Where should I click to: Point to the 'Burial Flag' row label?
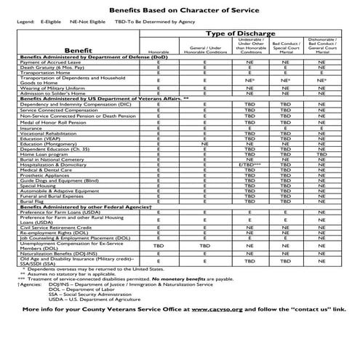(x=36, y=180)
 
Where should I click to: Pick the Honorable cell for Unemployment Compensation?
(x=159, y=226)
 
